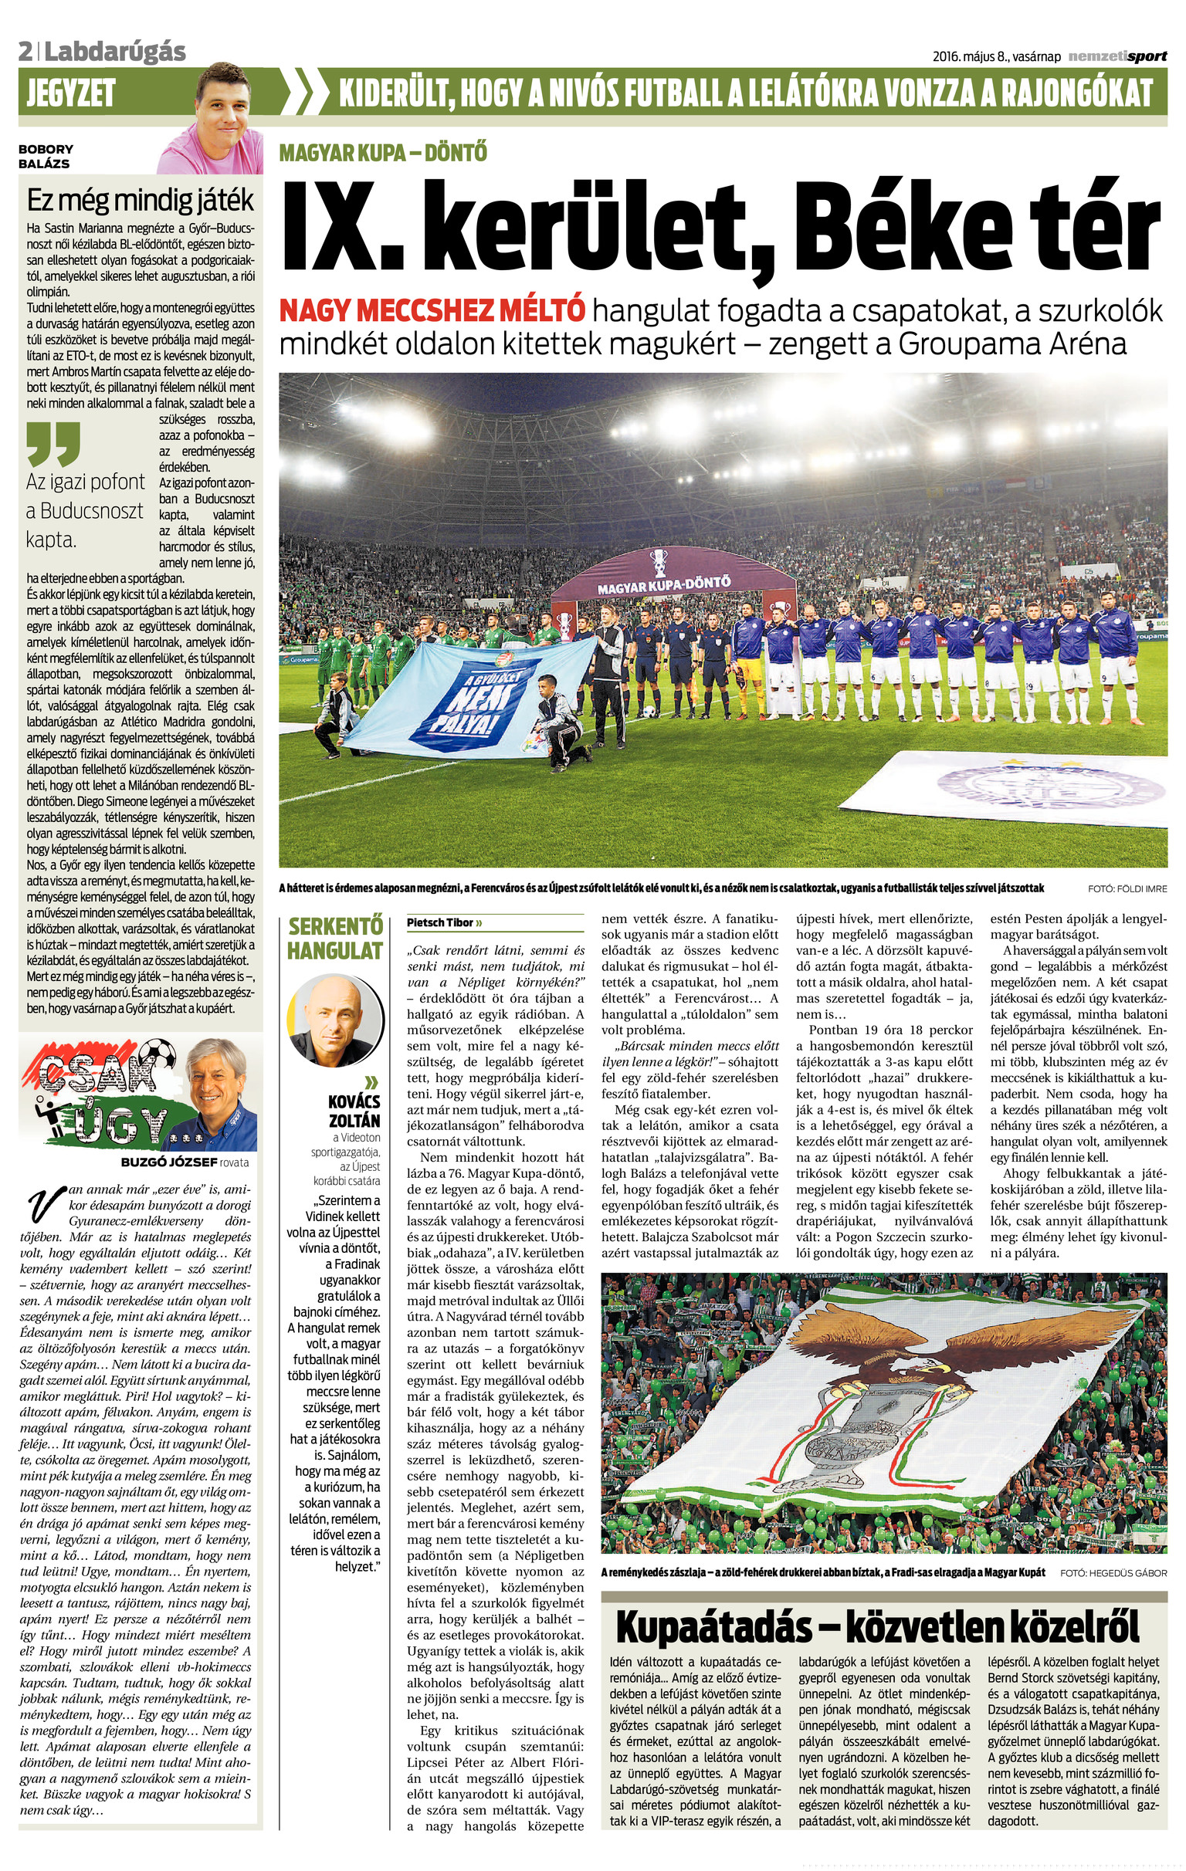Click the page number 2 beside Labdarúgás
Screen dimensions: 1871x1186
click(x=25, y=52)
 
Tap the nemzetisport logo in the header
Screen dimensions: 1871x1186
click(x=1117, y=56)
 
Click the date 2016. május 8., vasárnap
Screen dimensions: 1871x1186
click(x=996, y=56)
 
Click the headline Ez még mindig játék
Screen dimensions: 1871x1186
click(x=140, y=201)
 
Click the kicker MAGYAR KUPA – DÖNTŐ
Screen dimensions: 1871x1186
click(x=383, y=152)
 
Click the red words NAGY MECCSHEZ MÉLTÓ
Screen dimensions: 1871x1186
click(x=432, y=312)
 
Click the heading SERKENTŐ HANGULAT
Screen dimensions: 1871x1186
click(x=334, y=939)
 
